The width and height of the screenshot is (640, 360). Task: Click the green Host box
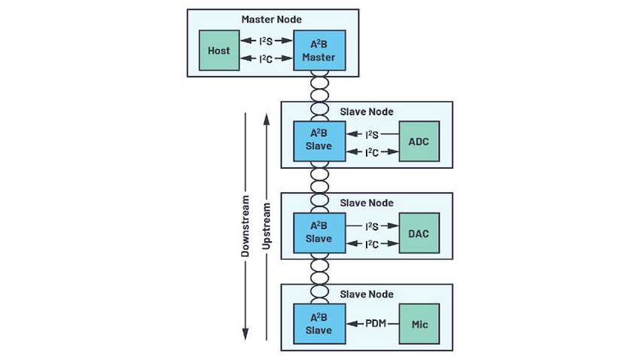221,50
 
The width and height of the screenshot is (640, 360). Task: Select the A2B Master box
320,50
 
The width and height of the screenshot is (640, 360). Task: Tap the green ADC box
419,140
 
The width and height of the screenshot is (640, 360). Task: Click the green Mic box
419,324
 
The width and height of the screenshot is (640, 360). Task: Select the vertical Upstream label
267,225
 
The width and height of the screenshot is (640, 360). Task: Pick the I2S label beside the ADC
371,134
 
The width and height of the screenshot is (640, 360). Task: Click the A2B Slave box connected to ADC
320,140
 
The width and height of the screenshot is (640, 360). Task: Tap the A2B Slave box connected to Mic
320,324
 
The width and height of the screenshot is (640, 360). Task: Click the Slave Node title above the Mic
367,294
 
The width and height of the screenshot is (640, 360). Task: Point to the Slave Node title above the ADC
367,111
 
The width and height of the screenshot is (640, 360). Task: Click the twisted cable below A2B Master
320,87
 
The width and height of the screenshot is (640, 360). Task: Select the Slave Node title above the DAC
367,203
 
